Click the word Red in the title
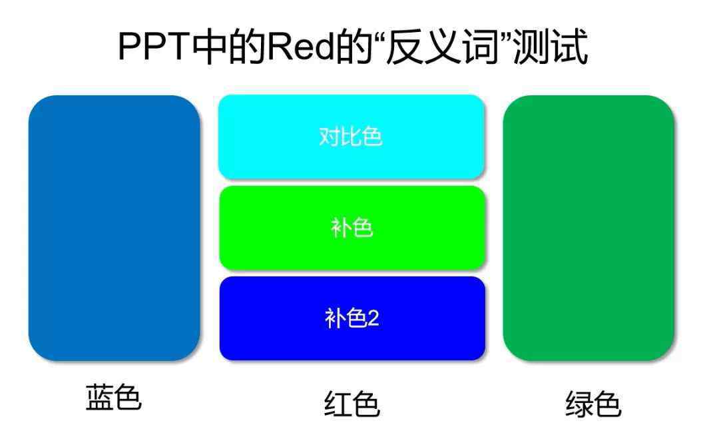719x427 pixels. click(x=301, y=47)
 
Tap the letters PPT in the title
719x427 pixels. click(x=154, y=47)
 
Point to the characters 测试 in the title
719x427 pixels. click(x=551, y=47)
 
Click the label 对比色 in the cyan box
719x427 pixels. click(x=351, y=136)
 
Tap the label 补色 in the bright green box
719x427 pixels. click(x=352, y=227)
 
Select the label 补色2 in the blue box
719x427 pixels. click(x=352, y=318)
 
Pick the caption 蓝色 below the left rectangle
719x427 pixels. click(x=114, y=397)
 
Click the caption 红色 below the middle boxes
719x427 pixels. click(x=352, y=403)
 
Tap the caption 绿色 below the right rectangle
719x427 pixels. click(x=593, y=403)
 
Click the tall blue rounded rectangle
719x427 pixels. click(x=115, y=228)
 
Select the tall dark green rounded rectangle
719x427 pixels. click(x=589, y=228)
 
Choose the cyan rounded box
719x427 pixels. click(x=352, y=136)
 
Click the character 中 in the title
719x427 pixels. click(x=209, y=47)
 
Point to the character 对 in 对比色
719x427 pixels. click(x=330, y=136)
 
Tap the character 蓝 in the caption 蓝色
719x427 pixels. click(x=99, y=397)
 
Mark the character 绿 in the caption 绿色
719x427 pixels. click(x=579, y=403)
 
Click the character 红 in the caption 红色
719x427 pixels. click(x=338, y=403)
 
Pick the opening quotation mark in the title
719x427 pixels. click(x=379, y=37)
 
